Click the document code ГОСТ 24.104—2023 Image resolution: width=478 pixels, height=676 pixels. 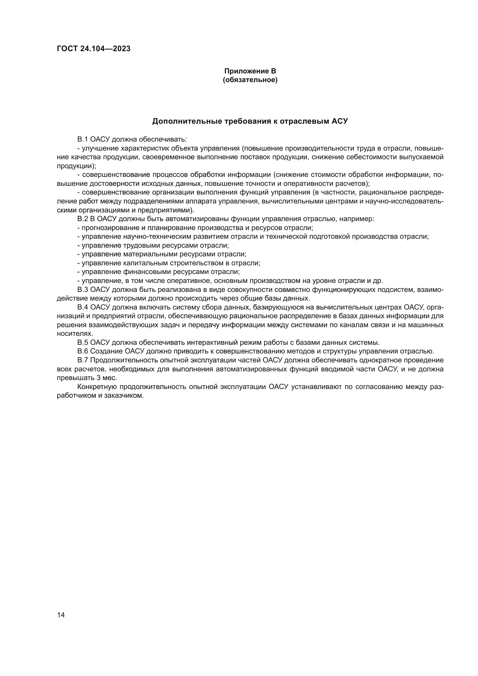pos(94,49)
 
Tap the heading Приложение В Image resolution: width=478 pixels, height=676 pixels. pos(250,71)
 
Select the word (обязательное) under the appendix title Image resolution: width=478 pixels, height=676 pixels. pos(250,80)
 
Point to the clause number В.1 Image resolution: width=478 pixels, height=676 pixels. pos(83,139)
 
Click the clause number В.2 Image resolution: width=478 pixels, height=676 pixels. pos(83,219)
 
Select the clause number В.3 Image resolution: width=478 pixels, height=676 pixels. pos(83,289)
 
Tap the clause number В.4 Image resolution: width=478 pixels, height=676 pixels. pos(83,307)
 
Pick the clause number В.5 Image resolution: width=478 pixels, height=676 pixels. pos(83,342)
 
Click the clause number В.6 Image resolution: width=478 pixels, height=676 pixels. pos(83,351)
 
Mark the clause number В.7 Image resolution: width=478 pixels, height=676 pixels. pos(83,360)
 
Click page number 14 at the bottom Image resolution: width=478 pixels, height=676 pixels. pos(61,615)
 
